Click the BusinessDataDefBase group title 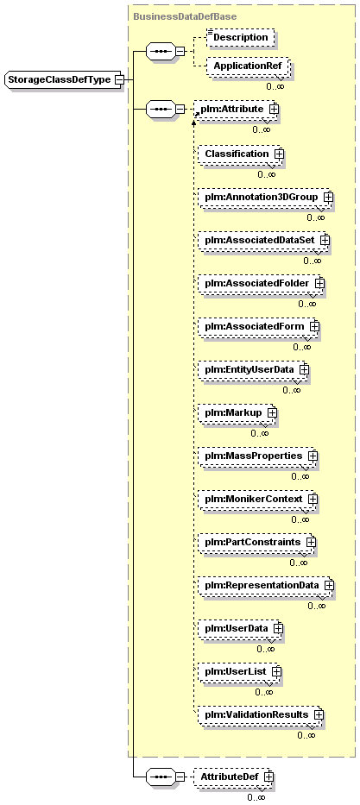click(185, 16)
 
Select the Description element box click(240, 37)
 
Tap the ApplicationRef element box click(247, 66)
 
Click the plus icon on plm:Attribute click(275, 109)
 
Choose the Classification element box click(240, 154)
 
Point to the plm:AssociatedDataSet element click(263, 240)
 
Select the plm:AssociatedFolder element click(261, 283)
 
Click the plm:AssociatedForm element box click(258, 326)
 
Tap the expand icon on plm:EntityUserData click(304, 369)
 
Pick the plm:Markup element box click(237, 412)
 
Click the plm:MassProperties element click(258, 456)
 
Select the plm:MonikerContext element click(258, 499)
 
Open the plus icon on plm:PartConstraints click(310, 542)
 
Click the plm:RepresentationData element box click(266, 585)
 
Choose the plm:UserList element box click(240, 671)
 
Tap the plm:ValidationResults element click(261, 714)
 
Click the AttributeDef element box click(234, 777)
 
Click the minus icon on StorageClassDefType click(119, 79)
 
